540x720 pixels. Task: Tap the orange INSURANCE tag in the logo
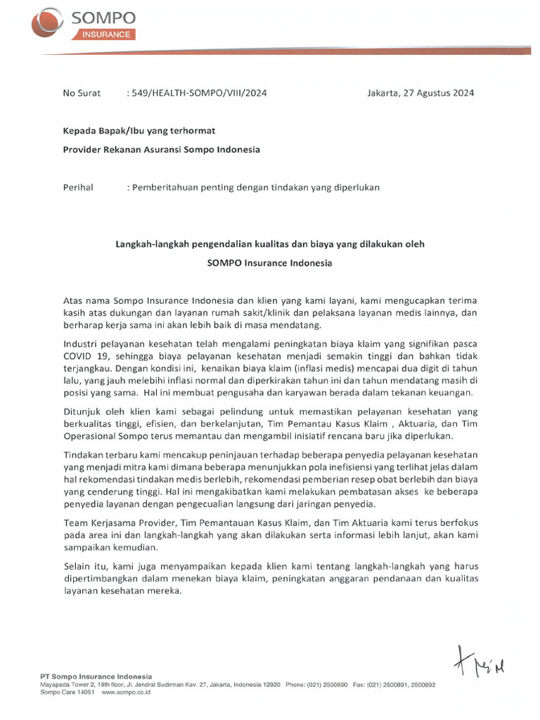(104, 34)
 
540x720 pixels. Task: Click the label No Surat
(82, 93)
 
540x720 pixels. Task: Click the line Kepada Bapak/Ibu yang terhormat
(139, 131)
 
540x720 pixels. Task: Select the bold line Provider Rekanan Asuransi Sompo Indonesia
(161, 150)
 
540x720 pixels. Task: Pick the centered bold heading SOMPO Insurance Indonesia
(269, 263)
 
